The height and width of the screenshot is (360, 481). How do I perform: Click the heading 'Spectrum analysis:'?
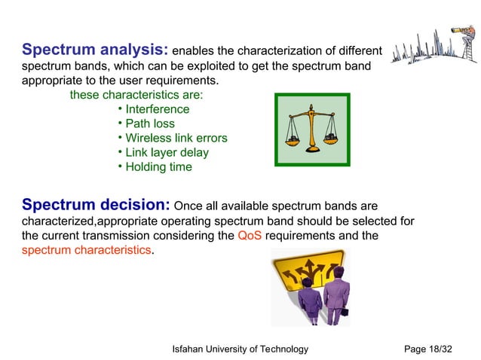click(95, 50)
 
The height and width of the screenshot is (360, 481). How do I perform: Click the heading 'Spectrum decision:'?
click(96, 205)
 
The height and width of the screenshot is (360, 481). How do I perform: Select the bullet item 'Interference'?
click(157, 110)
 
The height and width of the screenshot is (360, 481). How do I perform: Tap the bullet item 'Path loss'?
click(149, 124)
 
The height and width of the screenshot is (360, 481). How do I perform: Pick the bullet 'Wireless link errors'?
click(176, 139)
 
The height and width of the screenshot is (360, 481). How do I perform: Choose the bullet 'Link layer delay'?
click(167, 153)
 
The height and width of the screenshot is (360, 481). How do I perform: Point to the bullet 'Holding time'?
click(158, 167)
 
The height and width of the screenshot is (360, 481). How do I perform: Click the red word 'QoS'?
click(250, 236)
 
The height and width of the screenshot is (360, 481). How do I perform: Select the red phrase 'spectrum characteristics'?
click(87, 250)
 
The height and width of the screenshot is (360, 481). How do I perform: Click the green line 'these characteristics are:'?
click(136, 96)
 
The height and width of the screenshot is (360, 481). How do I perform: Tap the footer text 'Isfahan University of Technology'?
click(240, 349)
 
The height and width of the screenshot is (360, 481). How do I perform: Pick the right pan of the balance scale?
click(331, 139)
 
